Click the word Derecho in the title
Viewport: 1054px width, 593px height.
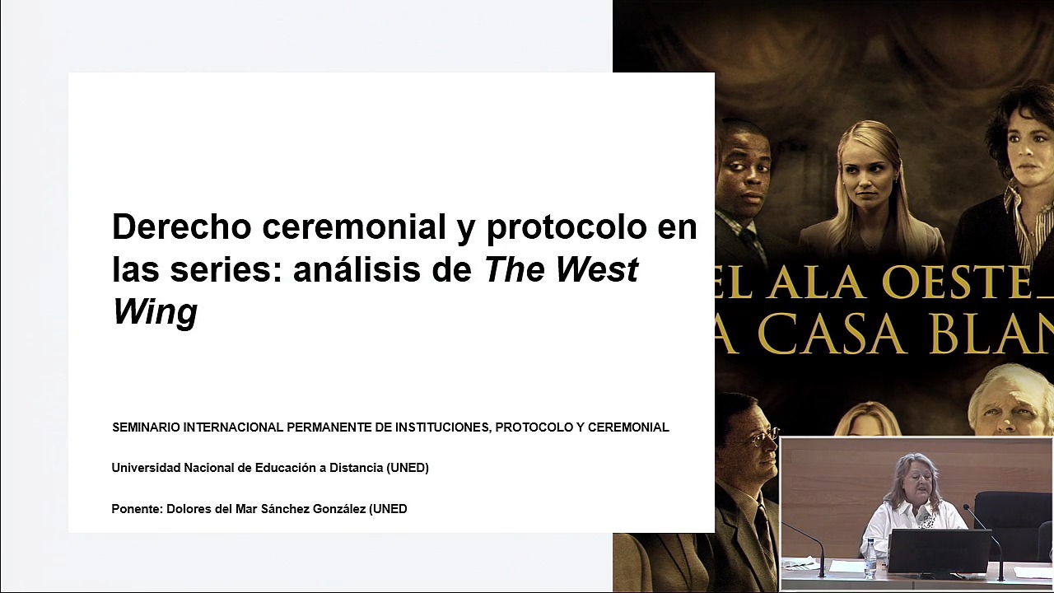(181, 226)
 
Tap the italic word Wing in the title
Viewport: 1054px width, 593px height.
(155, 312)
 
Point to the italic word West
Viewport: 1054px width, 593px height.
(597, 269)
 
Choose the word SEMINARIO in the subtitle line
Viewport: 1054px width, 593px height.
(146, 427)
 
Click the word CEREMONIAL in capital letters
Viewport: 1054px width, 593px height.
(628, 427)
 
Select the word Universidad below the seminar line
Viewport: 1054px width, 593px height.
(146, 468)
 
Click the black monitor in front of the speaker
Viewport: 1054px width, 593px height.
(939, 551)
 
